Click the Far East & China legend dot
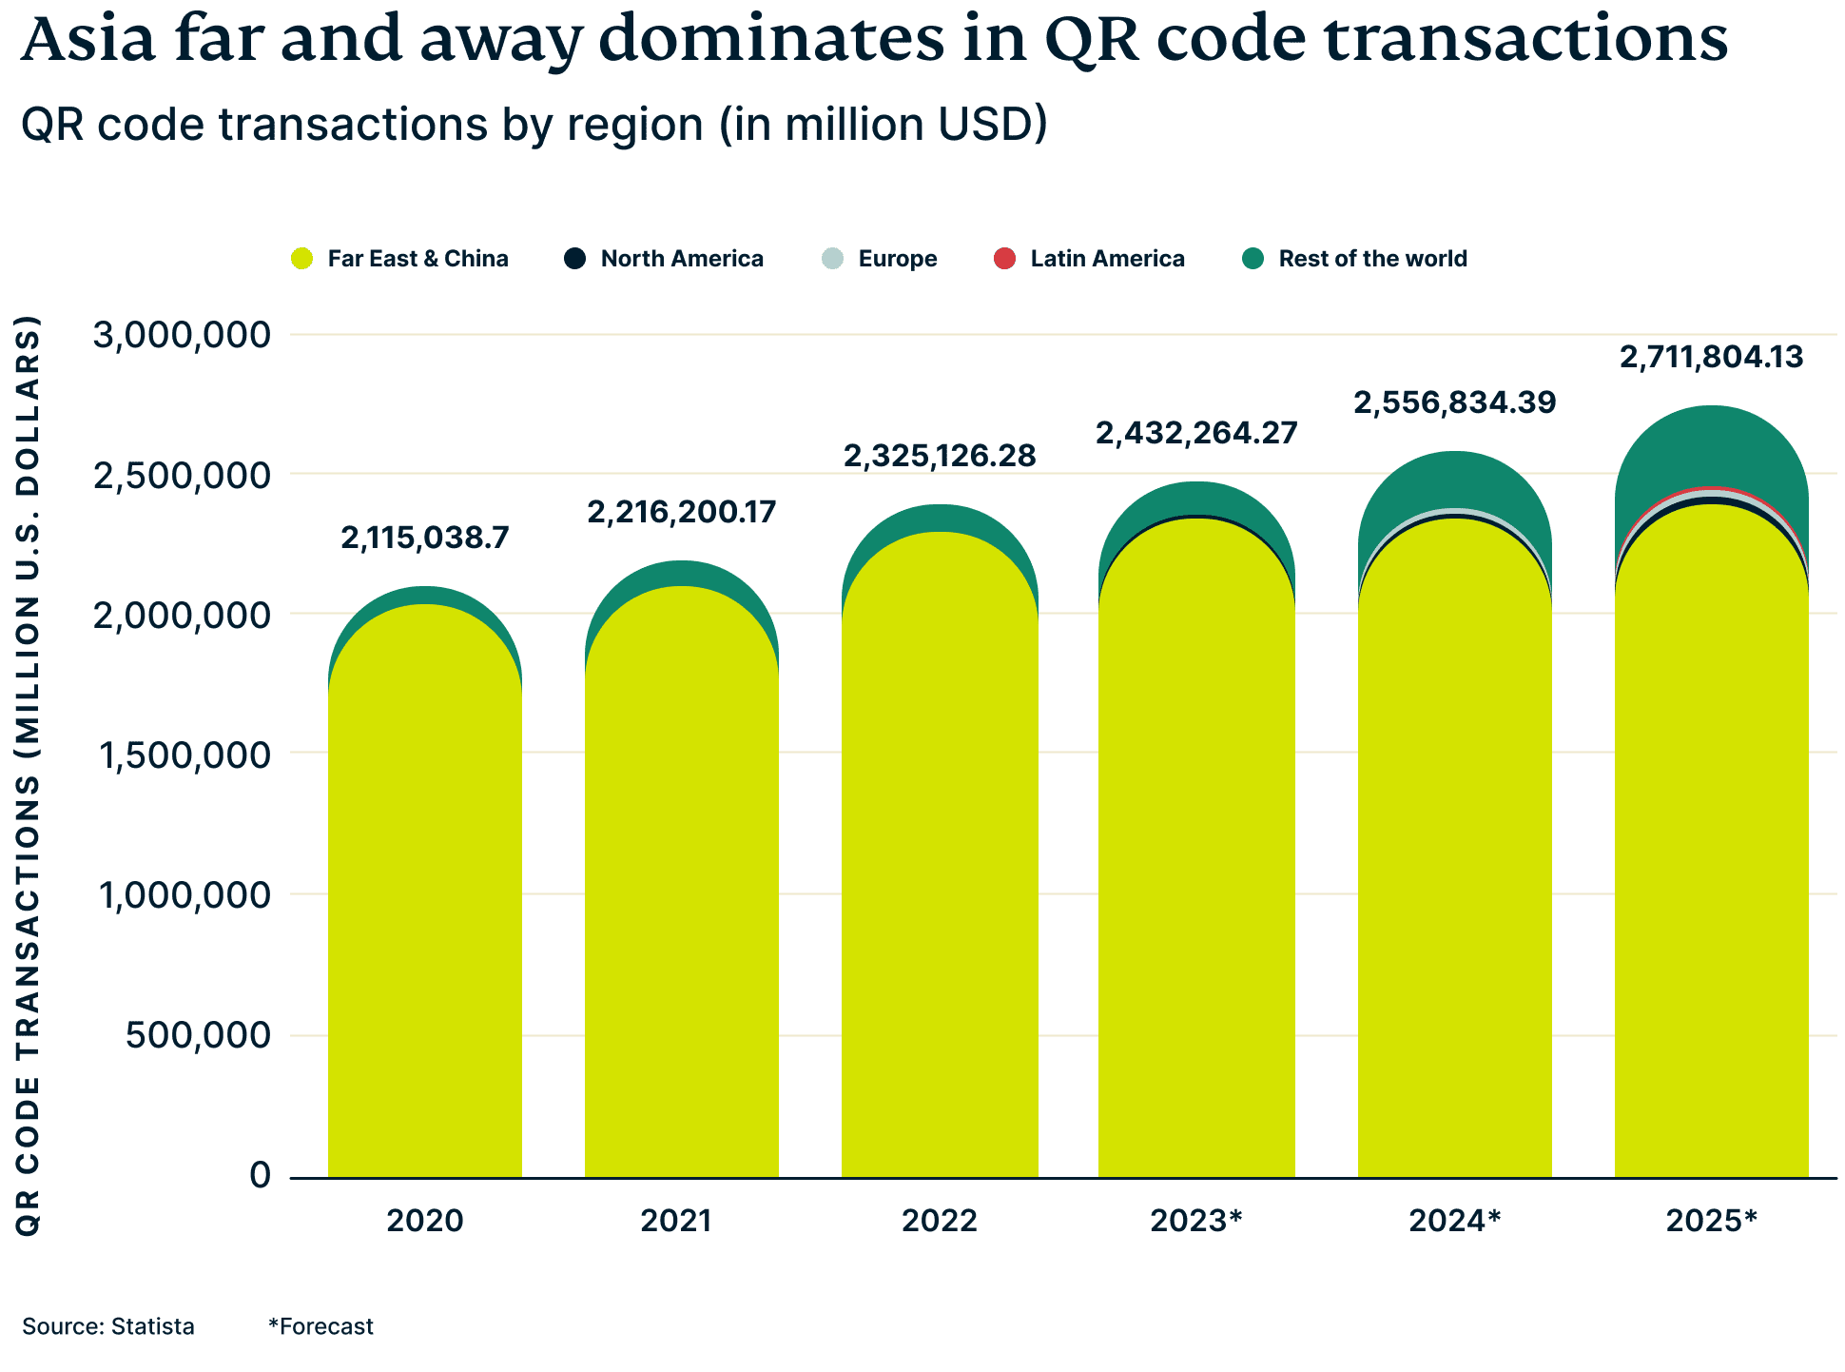[x=302, y=258]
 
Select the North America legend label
[x=682, y=259]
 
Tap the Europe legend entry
[x=897, y=259]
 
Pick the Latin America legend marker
[x=1004, y=258]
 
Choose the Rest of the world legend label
[x=1372, y=259]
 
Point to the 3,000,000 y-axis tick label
[x=182, y=335]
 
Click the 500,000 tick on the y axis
[x=198, y=1035]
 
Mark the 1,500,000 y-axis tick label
[x=182, y=755]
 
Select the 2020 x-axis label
[x=424, y=1221]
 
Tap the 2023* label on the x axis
[x=1196, y=1221]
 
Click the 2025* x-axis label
[x=1711, y=1221]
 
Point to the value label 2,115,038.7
[x=425, y=539]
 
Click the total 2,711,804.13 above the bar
[x=1711, y=358]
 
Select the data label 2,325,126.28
[x=940, y=457]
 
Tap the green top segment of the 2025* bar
[x=1711, y=447]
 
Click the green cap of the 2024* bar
[x=1455, y=480]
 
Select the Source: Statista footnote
[x=108, y=1327]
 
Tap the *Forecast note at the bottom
[x=321, y=1327]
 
